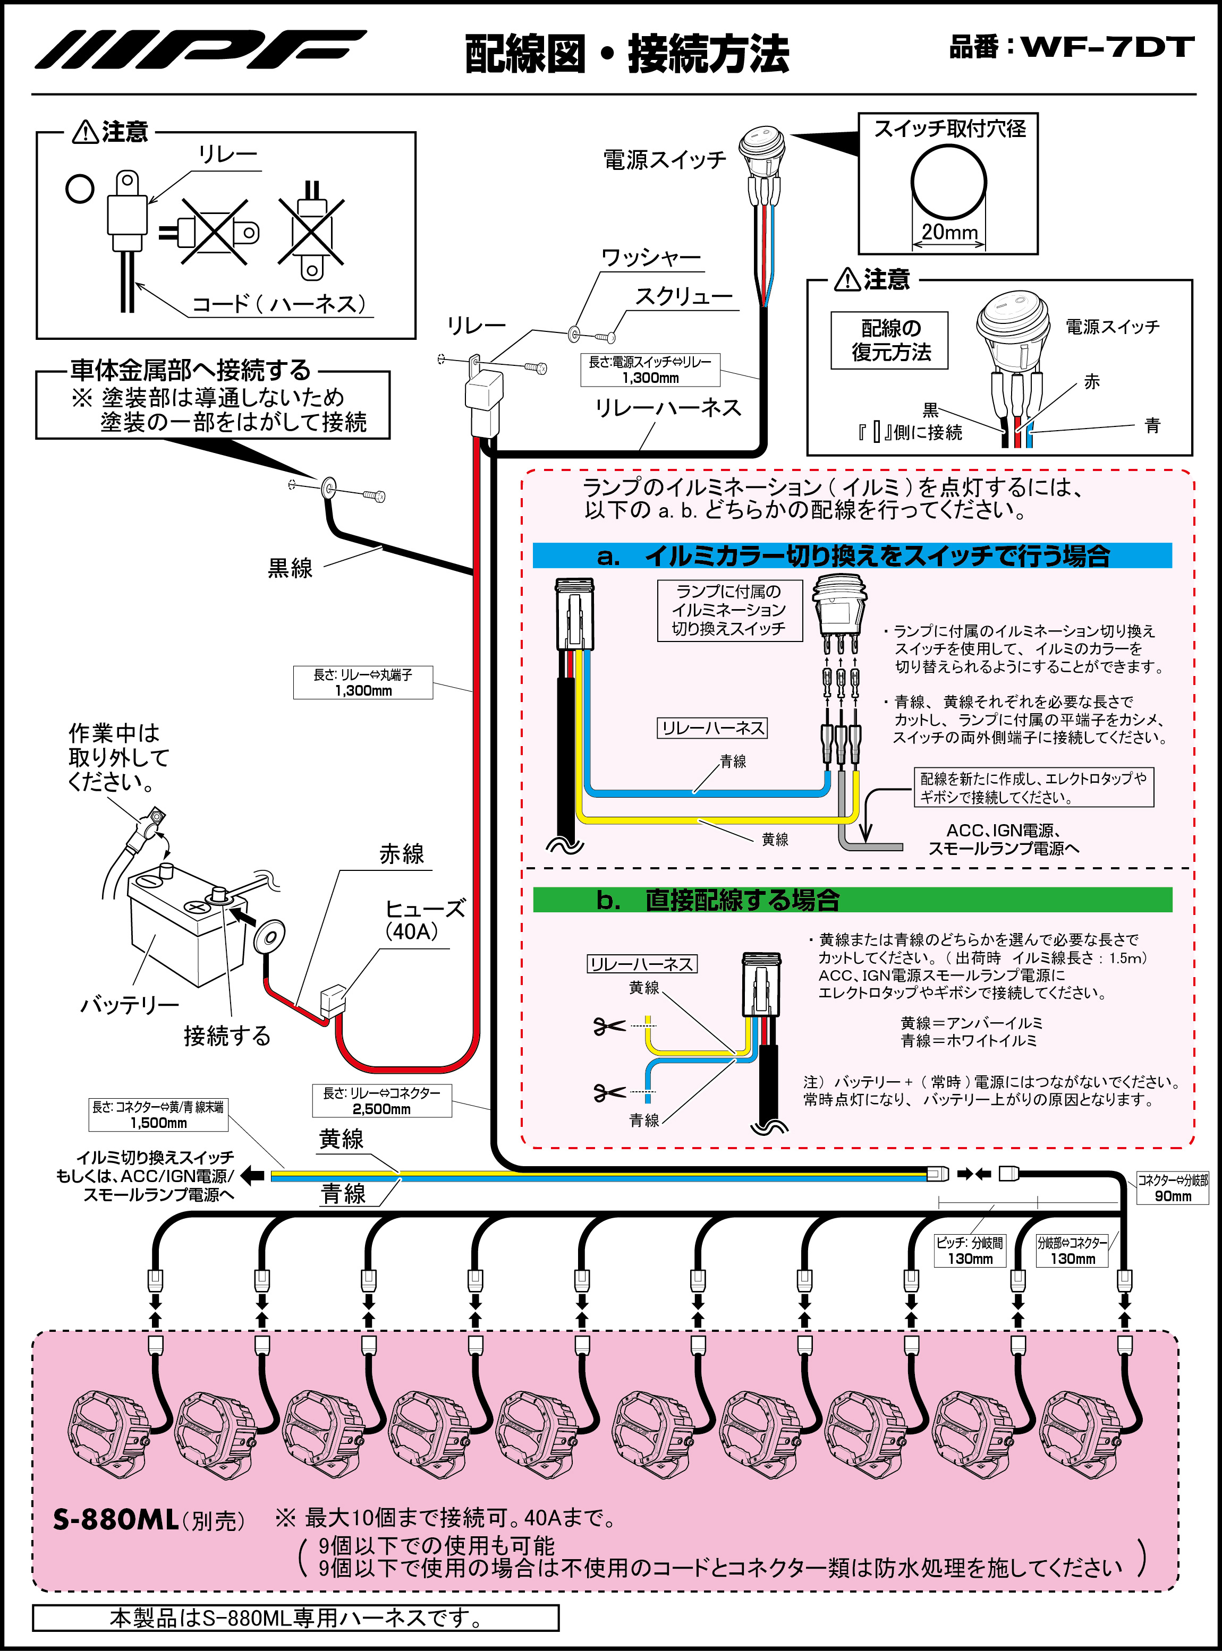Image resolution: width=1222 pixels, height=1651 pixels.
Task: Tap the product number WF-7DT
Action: click(1107, 47)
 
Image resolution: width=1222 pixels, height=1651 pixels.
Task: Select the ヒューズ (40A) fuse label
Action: click(424, 920)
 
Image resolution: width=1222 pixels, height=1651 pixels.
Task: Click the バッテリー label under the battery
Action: click(130, 1005)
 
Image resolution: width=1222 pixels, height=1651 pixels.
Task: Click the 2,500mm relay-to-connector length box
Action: click(381, 1101)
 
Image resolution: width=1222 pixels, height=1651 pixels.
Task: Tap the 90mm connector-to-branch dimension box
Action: click(1173, 1188)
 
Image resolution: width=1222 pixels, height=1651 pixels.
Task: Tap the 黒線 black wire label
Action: click(290, 568)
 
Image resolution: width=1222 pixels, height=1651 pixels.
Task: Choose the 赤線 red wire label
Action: click(402, 854)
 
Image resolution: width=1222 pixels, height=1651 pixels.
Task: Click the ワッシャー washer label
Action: click(650, 258)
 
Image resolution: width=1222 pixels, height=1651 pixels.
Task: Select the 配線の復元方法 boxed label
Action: click(890, 340)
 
